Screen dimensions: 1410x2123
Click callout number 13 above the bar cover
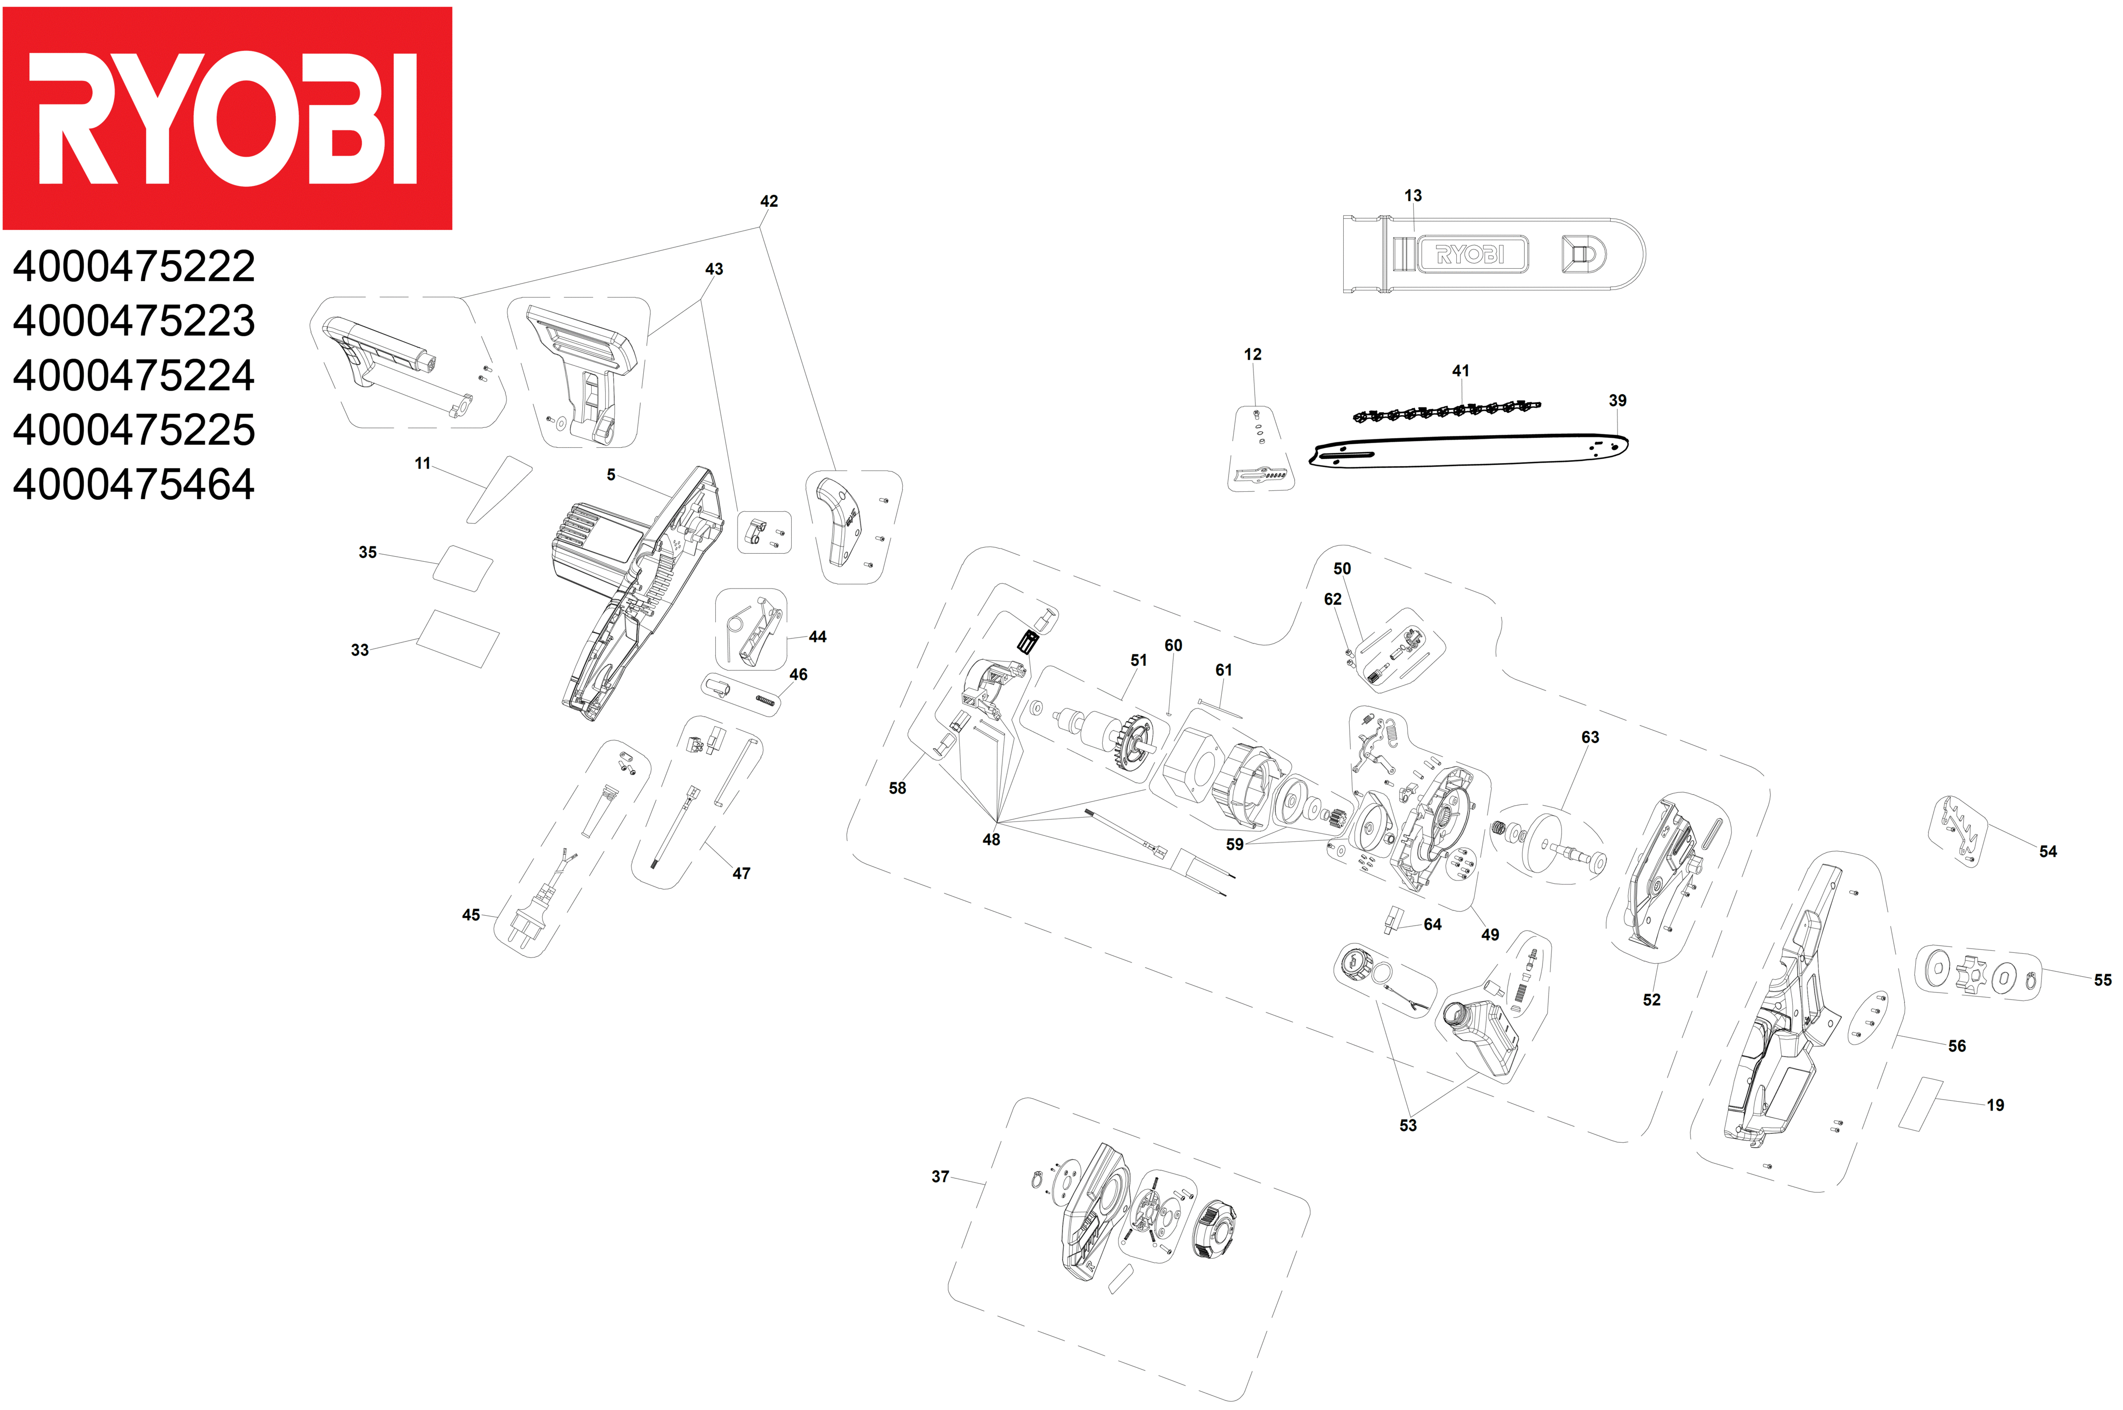pyautogui.click(x=1412, y=196)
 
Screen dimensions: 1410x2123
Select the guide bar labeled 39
pyautogui.click(x=1466, y=452)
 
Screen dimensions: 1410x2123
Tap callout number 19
pyautogui.click(x=1995, y=1105)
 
